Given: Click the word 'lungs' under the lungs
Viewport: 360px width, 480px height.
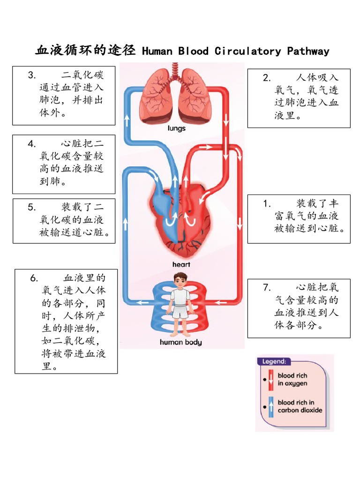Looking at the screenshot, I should [x=177, y=128].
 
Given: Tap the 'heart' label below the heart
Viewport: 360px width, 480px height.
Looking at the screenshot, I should [x=181, y=264].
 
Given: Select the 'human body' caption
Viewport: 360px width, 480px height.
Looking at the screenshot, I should [x=181, y=342].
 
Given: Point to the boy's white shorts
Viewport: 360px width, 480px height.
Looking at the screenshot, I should [x=180, y=311].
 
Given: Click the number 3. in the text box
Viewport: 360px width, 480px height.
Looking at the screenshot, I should [x=31, y=75].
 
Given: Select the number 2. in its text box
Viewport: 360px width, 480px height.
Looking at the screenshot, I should [x=267, y=78].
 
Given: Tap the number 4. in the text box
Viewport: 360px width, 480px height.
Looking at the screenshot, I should [x=31, y=143].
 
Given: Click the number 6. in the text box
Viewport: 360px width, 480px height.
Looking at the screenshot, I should [x=34, y=277].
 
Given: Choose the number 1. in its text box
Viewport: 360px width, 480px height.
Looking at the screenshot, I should [x=267, y=203].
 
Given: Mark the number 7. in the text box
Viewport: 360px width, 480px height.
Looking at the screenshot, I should [x=267, y=287].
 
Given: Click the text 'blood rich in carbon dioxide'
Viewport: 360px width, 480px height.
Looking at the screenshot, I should [x=300, y=406].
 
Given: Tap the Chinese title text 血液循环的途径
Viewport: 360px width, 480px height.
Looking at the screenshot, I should [x=85, y=50].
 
